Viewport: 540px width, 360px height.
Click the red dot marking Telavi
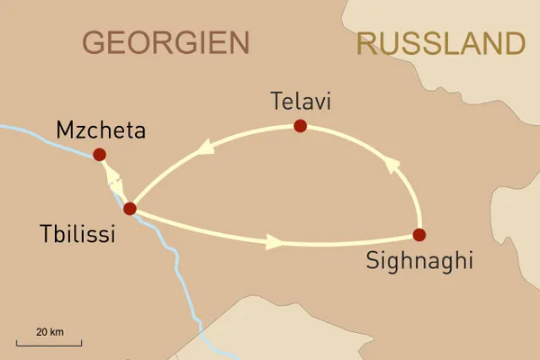click(300, 126)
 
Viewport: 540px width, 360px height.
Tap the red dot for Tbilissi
click(130, 209)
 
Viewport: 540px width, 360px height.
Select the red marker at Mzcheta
click(100, 154)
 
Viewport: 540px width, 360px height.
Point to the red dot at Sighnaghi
click(418, 235)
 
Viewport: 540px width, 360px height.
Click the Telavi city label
click(301, 103)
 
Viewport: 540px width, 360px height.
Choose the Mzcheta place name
click(101, 131)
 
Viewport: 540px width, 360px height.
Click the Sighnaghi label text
click(419, 262)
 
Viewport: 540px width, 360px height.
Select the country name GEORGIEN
click(166, 42)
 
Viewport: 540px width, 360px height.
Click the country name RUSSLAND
click(440, 42)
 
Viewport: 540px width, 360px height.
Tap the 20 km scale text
click(49, 332)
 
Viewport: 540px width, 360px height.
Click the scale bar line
click(49, 344)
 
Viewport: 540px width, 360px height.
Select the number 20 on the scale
click(41, 332)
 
